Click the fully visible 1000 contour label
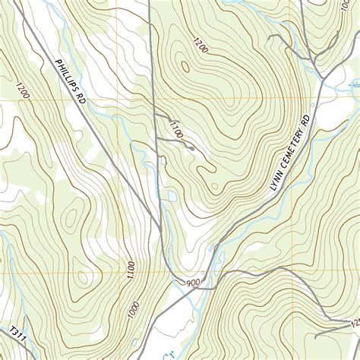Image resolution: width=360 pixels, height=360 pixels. coord(134,311)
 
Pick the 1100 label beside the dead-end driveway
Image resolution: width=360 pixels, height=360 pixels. coord(176,128)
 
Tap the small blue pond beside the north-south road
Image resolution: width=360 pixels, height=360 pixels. coord(173,196)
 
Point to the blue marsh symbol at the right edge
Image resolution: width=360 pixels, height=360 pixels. coord(353,79)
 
